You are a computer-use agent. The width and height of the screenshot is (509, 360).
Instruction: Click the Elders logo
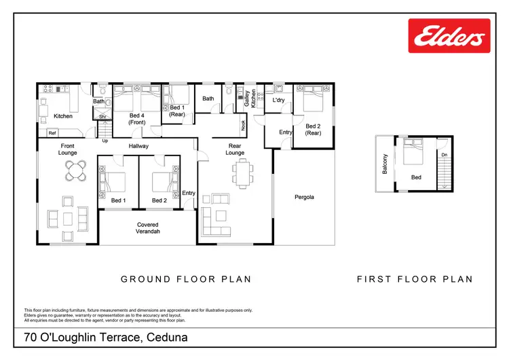pos(448,35)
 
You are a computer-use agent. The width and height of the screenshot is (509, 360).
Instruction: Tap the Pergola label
pos(304,198)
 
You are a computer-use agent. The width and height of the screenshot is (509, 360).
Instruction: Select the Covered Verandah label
pos(148,228)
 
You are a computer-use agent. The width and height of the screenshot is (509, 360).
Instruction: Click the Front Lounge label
pos(68,150)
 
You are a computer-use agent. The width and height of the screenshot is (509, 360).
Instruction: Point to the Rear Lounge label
pos(235,149)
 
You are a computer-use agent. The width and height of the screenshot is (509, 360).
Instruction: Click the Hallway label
pos(138,146)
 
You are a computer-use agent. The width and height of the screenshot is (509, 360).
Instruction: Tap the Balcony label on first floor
pos(385,164)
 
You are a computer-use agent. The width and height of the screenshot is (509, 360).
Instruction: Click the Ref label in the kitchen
pos(52,132)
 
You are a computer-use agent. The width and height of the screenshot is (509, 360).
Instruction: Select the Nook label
pos(243,125)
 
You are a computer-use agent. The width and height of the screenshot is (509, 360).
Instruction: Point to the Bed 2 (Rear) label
pos(313,130)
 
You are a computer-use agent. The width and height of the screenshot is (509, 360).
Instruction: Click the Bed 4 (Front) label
pos(137,120)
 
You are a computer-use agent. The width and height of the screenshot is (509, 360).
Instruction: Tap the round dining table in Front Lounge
pos(80,170)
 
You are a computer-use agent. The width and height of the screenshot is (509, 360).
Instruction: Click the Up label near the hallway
pos(105,141)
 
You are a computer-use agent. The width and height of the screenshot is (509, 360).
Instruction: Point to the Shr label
pos(102,117)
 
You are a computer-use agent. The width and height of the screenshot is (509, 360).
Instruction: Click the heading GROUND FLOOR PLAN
pos(186,279)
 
